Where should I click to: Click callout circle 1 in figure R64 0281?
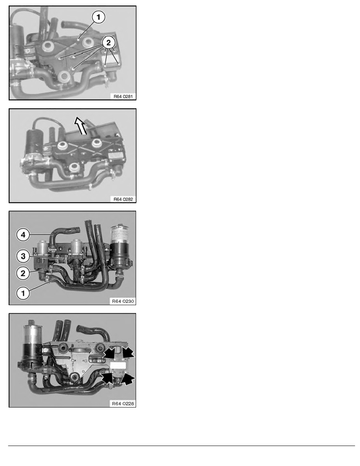point(98,17)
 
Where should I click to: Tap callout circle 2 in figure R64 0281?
point(108,43)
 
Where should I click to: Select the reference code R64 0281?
point(123,96)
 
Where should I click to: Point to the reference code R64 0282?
point(123,199)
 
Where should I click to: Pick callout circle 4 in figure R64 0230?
point(23,235)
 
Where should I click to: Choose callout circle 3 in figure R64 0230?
point(23,256)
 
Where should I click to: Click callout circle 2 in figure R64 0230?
point(23,273)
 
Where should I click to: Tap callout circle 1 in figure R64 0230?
point(23,293)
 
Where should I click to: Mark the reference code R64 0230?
point(123,301)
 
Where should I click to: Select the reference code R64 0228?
point(123,404)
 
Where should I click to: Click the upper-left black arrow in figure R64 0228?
point(109,353)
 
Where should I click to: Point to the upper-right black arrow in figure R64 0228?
point(128,353)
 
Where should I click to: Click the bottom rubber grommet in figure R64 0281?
point(63,76)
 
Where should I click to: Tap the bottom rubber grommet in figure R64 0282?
point(74,168)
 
